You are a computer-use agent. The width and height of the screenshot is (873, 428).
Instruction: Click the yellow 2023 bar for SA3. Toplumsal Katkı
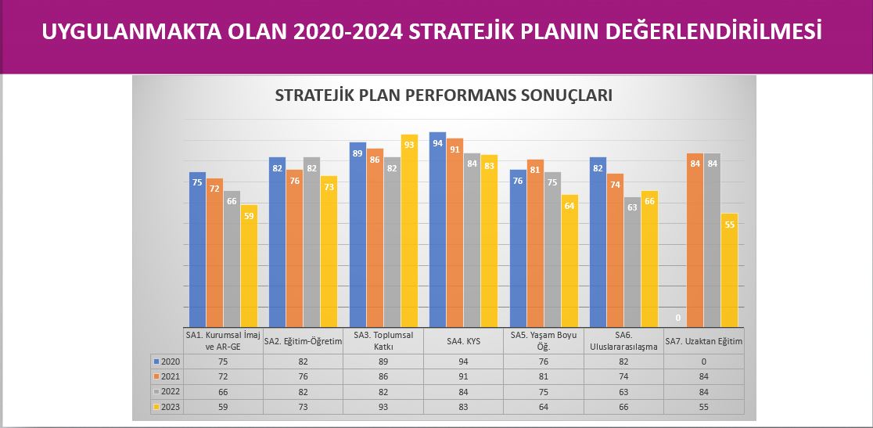tap(409, 230)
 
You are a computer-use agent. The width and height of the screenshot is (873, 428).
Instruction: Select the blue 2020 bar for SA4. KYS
tap(437, 229)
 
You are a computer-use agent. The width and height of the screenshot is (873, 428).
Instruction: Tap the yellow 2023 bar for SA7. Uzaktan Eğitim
tap(729, 270)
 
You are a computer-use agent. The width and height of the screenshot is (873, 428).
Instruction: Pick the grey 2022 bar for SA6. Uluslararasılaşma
tap(633, 262)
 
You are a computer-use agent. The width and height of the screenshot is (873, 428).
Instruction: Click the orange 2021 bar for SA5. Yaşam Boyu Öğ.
tap(535, 243)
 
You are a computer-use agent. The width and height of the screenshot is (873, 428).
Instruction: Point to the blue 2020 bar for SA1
tap(198, 250)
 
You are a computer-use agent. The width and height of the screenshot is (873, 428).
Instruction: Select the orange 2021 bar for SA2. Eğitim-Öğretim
tap(295, 248)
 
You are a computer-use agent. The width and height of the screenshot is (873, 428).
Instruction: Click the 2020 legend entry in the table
tap(163, 361)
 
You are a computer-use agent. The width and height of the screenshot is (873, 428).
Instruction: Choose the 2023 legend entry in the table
tap(163, 407)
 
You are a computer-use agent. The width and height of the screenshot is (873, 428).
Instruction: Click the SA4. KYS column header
tap(463, 341)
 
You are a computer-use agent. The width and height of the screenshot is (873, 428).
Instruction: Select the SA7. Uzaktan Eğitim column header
tap(704, 341)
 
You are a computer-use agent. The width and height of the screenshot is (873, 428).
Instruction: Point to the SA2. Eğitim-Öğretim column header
tap(303, 341)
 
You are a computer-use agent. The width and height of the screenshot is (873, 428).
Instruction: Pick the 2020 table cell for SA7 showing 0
tap(704, 361)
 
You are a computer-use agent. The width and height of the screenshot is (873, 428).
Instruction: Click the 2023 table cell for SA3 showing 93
tap(383, 407)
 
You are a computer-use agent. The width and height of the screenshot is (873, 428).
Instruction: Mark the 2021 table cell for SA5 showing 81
tap(544, 377)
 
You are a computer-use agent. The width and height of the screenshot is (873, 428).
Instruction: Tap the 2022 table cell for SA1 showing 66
tap(223, 392)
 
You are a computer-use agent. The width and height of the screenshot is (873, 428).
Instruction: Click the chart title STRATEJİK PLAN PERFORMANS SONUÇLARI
tap(444, 95)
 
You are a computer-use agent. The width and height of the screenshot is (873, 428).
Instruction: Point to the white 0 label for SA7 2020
tap(677, 318)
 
